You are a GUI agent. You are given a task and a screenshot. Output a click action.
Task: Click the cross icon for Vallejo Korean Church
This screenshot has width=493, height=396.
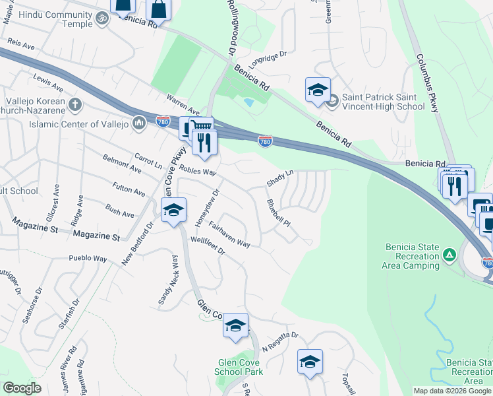coord(75,104)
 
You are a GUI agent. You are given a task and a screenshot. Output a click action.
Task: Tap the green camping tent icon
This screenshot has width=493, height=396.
coord(449,254)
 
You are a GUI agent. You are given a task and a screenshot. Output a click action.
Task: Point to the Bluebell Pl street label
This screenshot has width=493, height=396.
coord(277,213)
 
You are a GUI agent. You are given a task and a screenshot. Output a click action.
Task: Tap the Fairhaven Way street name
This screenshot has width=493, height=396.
coord(229,234)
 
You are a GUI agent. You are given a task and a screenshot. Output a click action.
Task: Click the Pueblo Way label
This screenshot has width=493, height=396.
coord(88,259)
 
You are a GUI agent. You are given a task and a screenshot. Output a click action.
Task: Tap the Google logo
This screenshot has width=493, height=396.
coord(22,388)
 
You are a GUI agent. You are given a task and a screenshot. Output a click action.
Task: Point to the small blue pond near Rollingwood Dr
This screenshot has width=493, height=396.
coord(248,102)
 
